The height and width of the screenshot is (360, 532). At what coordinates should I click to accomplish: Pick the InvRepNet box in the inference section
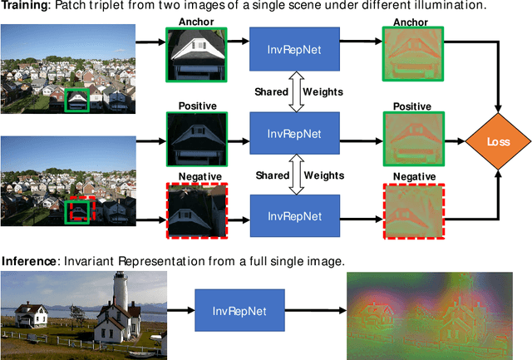[239, 310]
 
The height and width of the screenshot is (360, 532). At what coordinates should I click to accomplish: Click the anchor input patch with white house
[196, 57]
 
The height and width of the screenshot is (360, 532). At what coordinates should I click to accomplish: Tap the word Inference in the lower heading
[27, 261]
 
